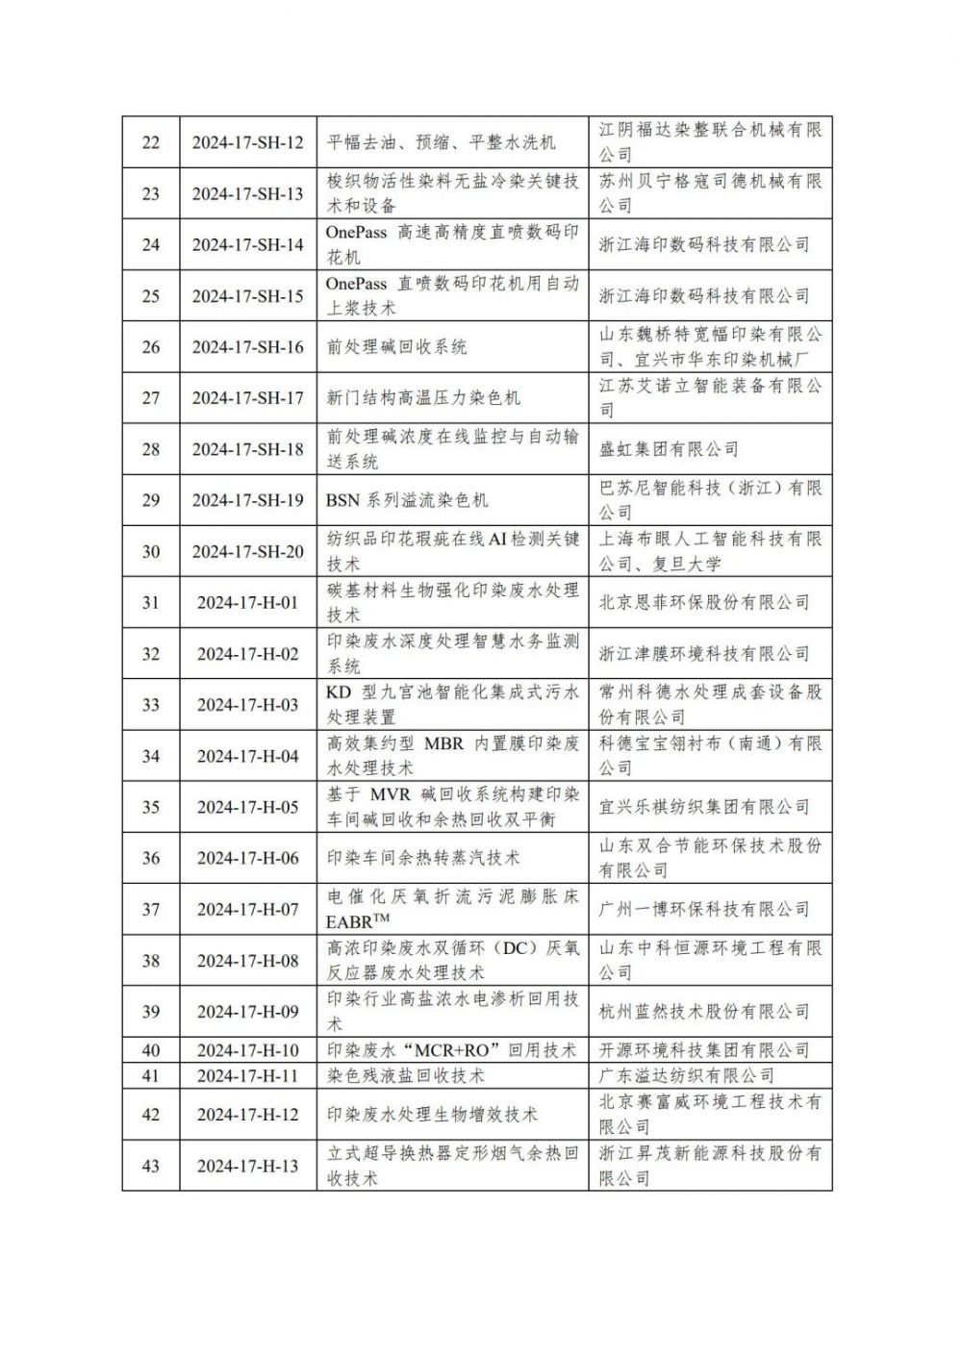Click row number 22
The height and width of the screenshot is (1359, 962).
point(151,142)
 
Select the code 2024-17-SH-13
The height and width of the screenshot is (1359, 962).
point(247,193)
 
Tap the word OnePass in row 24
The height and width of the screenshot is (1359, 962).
point(355,233)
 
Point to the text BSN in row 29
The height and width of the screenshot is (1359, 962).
point(342,500)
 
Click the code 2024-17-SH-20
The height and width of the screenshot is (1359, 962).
point(247,551)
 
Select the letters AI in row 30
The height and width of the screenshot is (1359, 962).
point(497,540)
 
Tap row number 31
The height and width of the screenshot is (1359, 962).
point(151,603)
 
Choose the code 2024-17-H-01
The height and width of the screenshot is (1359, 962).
point(247,603)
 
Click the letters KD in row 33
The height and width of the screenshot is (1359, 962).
point(339,692)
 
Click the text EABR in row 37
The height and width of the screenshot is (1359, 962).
point(348,921)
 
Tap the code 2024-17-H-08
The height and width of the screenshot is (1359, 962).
point(247,961)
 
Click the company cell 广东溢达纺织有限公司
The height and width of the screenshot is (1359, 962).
point(686,1075)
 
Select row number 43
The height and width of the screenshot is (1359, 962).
point(151,1166)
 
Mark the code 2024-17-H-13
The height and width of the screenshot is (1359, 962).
point(247,1166)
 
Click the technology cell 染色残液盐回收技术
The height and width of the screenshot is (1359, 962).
point(405,1075)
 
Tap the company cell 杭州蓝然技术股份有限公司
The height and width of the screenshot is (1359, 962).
point(704,1012)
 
